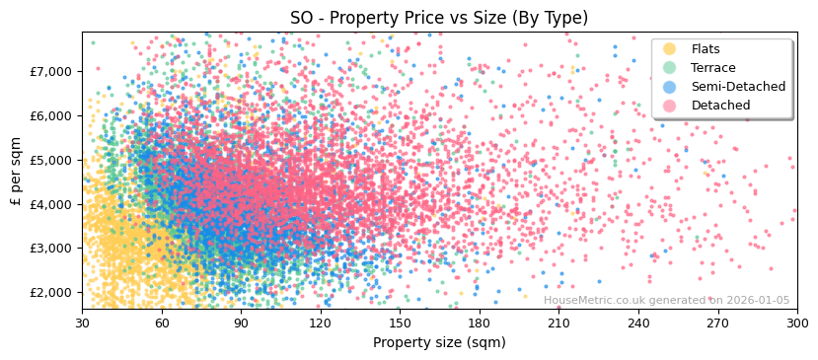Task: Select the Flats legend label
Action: (x=706, y=49)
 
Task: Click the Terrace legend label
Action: (x=712, y=68)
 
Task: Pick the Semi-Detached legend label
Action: (x=738, y=87)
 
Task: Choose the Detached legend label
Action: (x=719, y=106)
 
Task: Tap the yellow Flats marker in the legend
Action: (x=670, y=49)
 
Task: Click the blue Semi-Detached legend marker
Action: (x=670, y=87)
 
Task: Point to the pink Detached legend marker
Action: (x=670, y=106)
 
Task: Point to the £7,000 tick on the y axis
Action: (x=52, y=71)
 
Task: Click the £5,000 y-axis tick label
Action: (x=52, y=160)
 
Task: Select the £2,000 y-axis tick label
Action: (x=52, y=293)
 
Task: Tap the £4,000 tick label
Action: (x=52, y=204)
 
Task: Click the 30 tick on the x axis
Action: (x=83, y=322)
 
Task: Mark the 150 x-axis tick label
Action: (x=400, y=322)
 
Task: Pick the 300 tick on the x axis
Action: (x=796, y=322)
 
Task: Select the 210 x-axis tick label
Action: (x=558, y=322)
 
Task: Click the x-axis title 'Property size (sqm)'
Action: (x=439, y=342)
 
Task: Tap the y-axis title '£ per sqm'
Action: (x=16, y=172)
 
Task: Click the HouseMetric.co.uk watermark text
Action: (x=666, y=301)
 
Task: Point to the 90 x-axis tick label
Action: (x=241, y=322)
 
